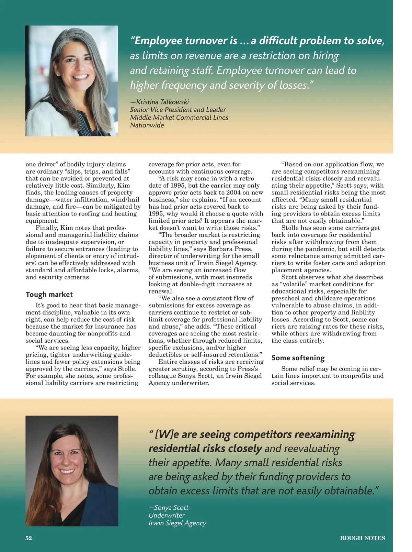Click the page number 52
(x=28, y=538)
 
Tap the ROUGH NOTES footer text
(x=362, y=538)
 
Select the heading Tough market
(x=49, y=295)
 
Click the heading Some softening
(x=298, y=358)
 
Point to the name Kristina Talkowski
(x=162, y=102)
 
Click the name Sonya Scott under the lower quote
(x=171, y=507)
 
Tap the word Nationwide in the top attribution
(x=147, y=125)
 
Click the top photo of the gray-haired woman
(x=71, y=81)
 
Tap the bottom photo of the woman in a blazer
(x=72, y=471)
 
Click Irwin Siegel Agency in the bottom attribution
(x=177, y=523)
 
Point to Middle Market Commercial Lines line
(x=179, y=118)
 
